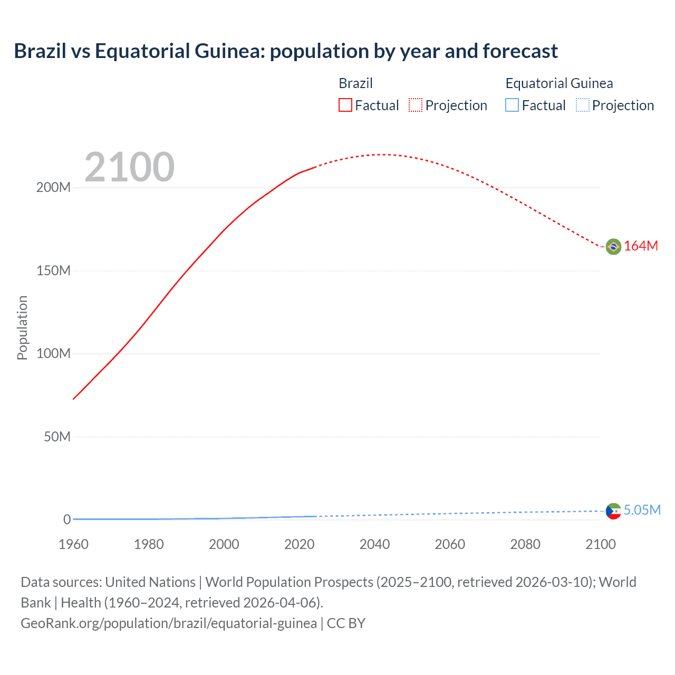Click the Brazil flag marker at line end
coord(613,246)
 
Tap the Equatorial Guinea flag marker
coord(613,511)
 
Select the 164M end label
coord(641,246)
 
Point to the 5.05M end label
coord(642,510)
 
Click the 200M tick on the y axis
coord(53,188)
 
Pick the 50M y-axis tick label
coord(57,437)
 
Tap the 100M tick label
coord(53,354)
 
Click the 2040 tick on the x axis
coord(374,544)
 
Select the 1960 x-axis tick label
coord(73,544)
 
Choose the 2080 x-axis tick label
coord(525,544)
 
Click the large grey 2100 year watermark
coord(129,167)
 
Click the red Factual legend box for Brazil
coord(345,105)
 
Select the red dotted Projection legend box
coord(416,105)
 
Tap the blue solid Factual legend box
coord(512,105)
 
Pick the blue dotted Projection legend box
coord(583,105)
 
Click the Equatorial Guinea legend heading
coord(559,83)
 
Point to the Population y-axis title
coord(22,327)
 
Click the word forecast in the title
coord(520,51)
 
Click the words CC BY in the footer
coord(346,623)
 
